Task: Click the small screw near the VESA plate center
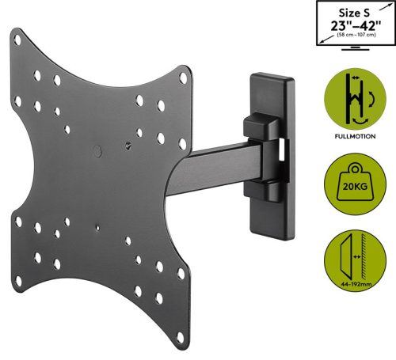coord(129,146)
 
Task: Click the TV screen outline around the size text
coord(317,24)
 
